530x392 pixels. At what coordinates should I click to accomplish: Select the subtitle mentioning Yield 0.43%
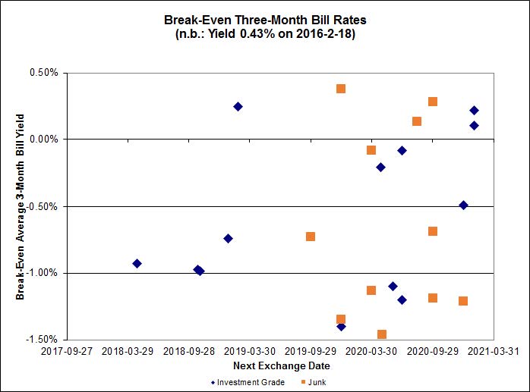(264, 36)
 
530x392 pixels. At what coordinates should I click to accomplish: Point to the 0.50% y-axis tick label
(43, 74)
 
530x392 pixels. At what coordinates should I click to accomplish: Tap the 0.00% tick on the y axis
(43, 140)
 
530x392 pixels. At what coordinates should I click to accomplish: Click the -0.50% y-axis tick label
(41, 206)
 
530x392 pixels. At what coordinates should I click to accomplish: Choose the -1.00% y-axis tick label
(41, 273)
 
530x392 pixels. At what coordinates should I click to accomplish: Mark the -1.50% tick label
(41, 340)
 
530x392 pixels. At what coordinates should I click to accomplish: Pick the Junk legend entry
(318, 382)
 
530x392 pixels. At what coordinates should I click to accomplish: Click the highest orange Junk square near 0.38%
(341, 89)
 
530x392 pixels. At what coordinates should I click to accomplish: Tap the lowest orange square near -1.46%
(382, 334)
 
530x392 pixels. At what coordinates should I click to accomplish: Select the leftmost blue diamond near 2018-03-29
(137, 264)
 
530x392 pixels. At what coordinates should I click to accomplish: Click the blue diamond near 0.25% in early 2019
(238, 107)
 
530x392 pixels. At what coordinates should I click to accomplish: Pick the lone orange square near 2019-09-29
(311, 237)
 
